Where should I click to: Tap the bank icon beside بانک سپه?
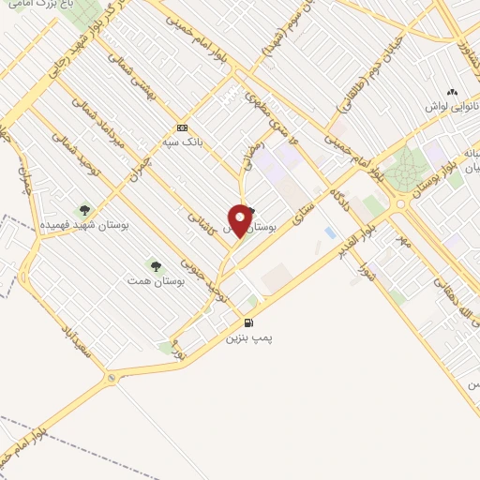182,128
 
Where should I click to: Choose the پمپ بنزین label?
248,337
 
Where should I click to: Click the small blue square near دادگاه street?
329,232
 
